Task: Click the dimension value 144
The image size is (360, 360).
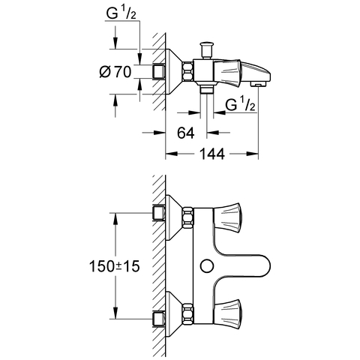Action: [212, 154]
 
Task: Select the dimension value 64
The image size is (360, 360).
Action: [186, 133]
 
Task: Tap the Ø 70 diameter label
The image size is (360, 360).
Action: [115, 72]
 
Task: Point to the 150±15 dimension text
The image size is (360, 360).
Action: [114, 266]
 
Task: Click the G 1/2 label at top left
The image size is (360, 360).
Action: [121, 13]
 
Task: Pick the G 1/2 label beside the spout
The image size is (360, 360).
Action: [240, 104]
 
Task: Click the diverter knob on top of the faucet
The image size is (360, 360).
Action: [206, 50]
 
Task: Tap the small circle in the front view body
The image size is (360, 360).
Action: [207, 266]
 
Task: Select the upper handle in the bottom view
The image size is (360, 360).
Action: [227, 216]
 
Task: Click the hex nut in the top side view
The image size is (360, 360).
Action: [187, 72]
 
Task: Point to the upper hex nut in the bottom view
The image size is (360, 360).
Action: [187, 217]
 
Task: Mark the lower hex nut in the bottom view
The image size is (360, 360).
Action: [187, 313]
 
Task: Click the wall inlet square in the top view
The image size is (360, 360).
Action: [159, 72]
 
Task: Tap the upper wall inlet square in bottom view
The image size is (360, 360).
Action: [159, 213]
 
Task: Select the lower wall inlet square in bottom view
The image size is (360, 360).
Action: [159, 319]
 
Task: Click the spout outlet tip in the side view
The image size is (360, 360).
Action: [258, 85]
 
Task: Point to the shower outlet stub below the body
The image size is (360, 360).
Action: [206, 88]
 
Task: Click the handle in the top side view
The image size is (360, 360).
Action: [227, 72]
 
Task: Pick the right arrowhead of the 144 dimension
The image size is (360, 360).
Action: [253, 154]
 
